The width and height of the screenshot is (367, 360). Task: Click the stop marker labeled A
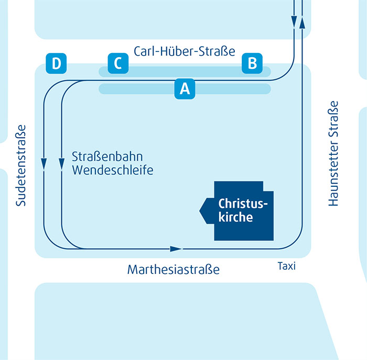pos(185,89)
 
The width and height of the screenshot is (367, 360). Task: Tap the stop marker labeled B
pos(252,63)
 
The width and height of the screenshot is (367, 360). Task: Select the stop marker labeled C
pos(118,63)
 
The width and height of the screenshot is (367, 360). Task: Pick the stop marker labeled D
pos(56,63)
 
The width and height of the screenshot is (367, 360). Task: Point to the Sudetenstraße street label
pos(20,165)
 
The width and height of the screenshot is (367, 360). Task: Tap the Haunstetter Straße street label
pos(333,153)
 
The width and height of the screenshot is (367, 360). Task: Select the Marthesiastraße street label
pos(173,270)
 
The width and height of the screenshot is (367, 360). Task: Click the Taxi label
pos(286,266)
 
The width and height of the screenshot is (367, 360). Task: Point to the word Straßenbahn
pos(107,157)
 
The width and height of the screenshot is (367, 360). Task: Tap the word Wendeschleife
pos(113,170)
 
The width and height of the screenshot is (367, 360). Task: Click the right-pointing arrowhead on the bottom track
pos(176,248)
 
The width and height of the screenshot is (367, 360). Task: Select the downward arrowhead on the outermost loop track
pos(44,164)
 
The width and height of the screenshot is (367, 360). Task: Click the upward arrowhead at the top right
pos(301,22)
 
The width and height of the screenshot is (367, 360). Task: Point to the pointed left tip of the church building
pos(201,210)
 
